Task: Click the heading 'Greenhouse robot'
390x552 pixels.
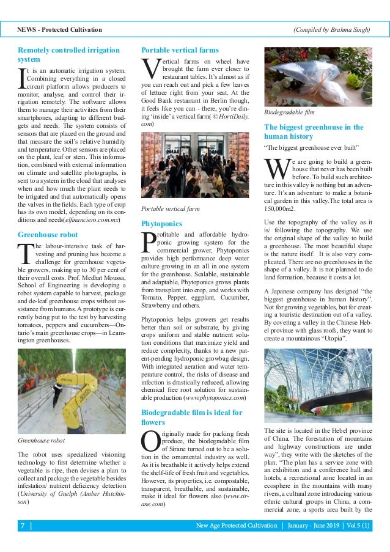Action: [x=48, y=234]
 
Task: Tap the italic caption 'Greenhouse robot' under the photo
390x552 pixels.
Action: [x=41, y=440]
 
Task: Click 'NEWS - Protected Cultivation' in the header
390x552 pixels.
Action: [x=59, y=29]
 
